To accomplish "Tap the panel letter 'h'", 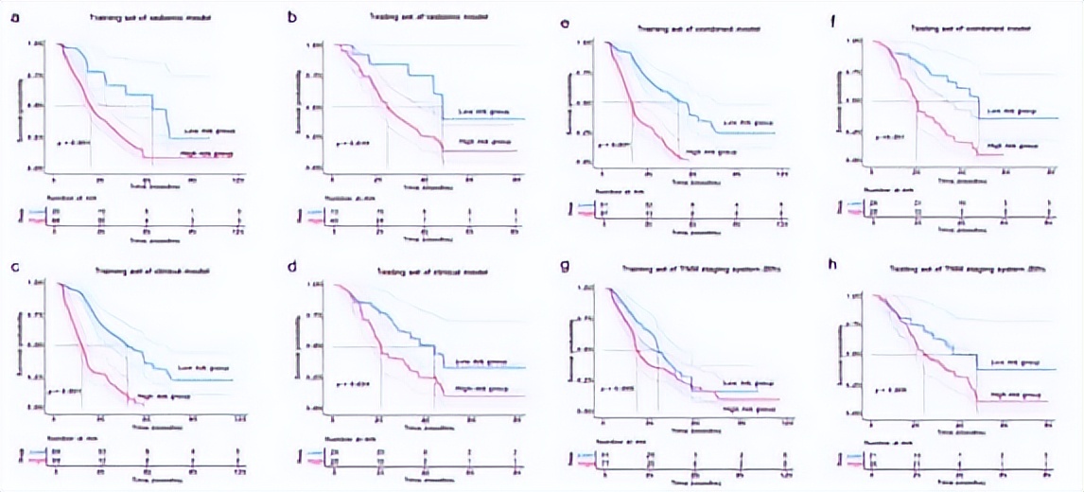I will click(x=832, y=264).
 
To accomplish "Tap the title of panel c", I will click(x=153, y=271).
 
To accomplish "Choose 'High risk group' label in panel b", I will click(x=479, y=141).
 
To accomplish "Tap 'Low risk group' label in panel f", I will click(x=1008, y=111).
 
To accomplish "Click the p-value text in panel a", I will click(x=74, y=143).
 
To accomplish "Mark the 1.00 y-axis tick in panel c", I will click(x=38, y=283).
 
